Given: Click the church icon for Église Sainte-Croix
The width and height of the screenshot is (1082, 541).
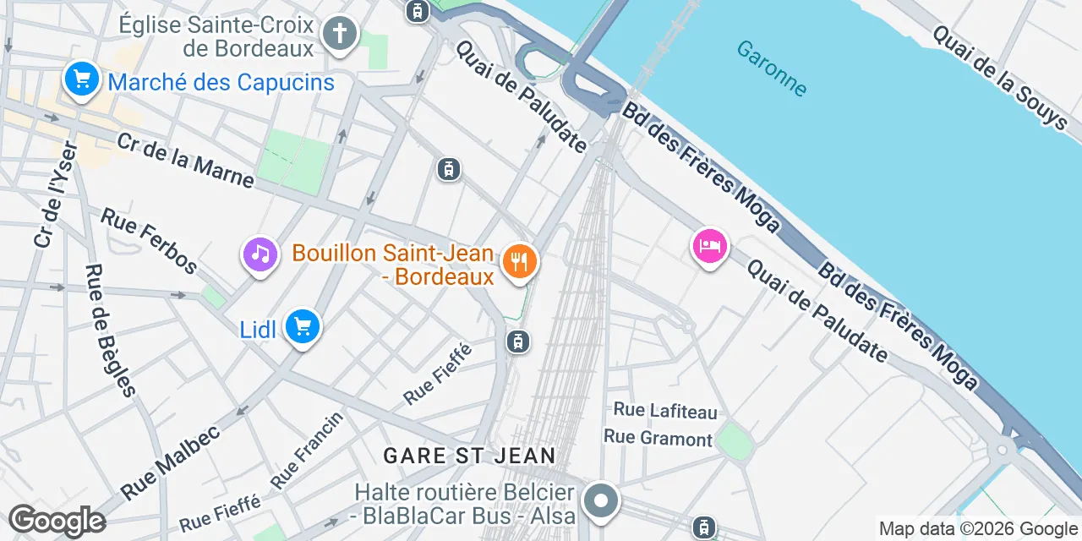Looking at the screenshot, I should coord(339,35).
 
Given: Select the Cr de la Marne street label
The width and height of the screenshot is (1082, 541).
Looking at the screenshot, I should coord(185,161).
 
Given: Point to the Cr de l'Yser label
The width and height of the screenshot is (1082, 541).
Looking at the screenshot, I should coord(56,195).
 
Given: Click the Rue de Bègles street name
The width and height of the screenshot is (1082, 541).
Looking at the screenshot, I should coord(110,331).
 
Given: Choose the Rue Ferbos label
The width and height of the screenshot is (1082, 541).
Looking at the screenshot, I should coord(149,241).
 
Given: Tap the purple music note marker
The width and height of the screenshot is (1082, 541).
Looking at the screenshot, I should coord(260,254).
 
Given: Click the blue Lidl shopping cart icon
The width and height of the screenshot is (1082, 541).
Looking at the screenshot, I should coord(302,326).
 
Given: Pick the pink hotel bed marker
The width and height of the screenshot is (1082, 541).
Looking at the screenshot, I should coord(710,246).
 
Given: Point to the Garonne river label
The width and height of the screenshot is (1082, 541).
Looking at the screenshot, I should coord(771,68).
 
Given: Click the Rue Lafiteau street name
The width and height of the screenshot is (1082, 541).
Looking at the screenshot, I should coord(665,411).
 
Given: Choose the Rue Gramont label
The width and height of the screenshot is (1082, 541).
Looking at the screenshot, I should coord(658,438).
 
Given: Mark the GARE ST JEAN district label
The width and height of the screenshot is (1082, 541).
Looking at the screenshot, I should coord(469,456).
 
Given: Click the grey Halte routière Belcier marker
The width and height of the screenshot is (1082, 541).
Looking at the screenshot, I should coord(600,500).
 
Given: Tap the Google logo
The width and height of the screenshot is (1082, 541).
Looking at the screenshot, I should coord(57,521).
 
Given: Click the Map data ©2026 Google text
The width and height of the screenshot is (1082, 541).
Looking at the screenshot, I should coord(977,529).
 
